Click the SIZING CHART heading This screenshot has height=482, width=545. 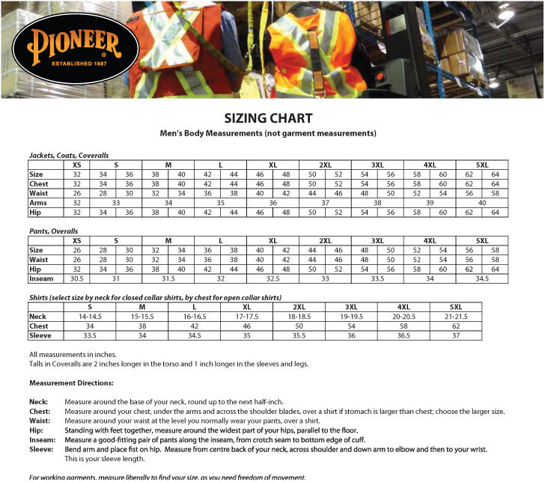click(x=268, y=118)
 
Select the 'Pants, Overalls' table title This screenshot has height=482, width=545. click(x=53, y=231)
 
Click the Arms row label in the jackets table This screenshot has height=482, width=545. click(x=38, y=203)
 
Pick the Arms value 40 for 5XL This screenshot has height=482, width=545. click(x=482, y=203)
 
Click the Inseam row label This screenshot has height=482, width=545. click(x=40, y=278)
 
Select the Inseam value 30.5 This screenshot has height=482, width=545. click(x=76, y=278)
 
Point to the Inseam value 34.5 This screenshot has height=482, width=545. click(x=482, y=278)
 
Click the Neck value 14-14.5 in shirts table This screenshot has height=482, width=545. click(x=90, y=317)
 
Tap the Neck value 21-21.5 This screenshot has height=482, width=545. click(x=455, y=317)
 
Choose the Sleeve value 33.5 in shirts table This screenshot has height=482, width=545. click(x=90, y=336)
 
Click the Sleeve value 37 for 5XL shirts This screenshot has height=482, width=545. click(x=455, y=336)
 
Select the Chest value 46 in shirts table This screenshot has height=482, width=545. click(x=247, y=326)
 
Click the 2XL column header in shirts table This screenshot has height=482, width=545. click(x=299, y=307)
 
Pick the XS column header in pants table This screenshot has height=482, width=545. click(x=76, y=240)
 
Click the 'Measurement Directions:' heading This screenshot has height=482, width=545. click(x=71, y=383)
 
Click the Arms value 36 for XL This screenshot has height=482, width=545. click(x=272, y=203)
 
